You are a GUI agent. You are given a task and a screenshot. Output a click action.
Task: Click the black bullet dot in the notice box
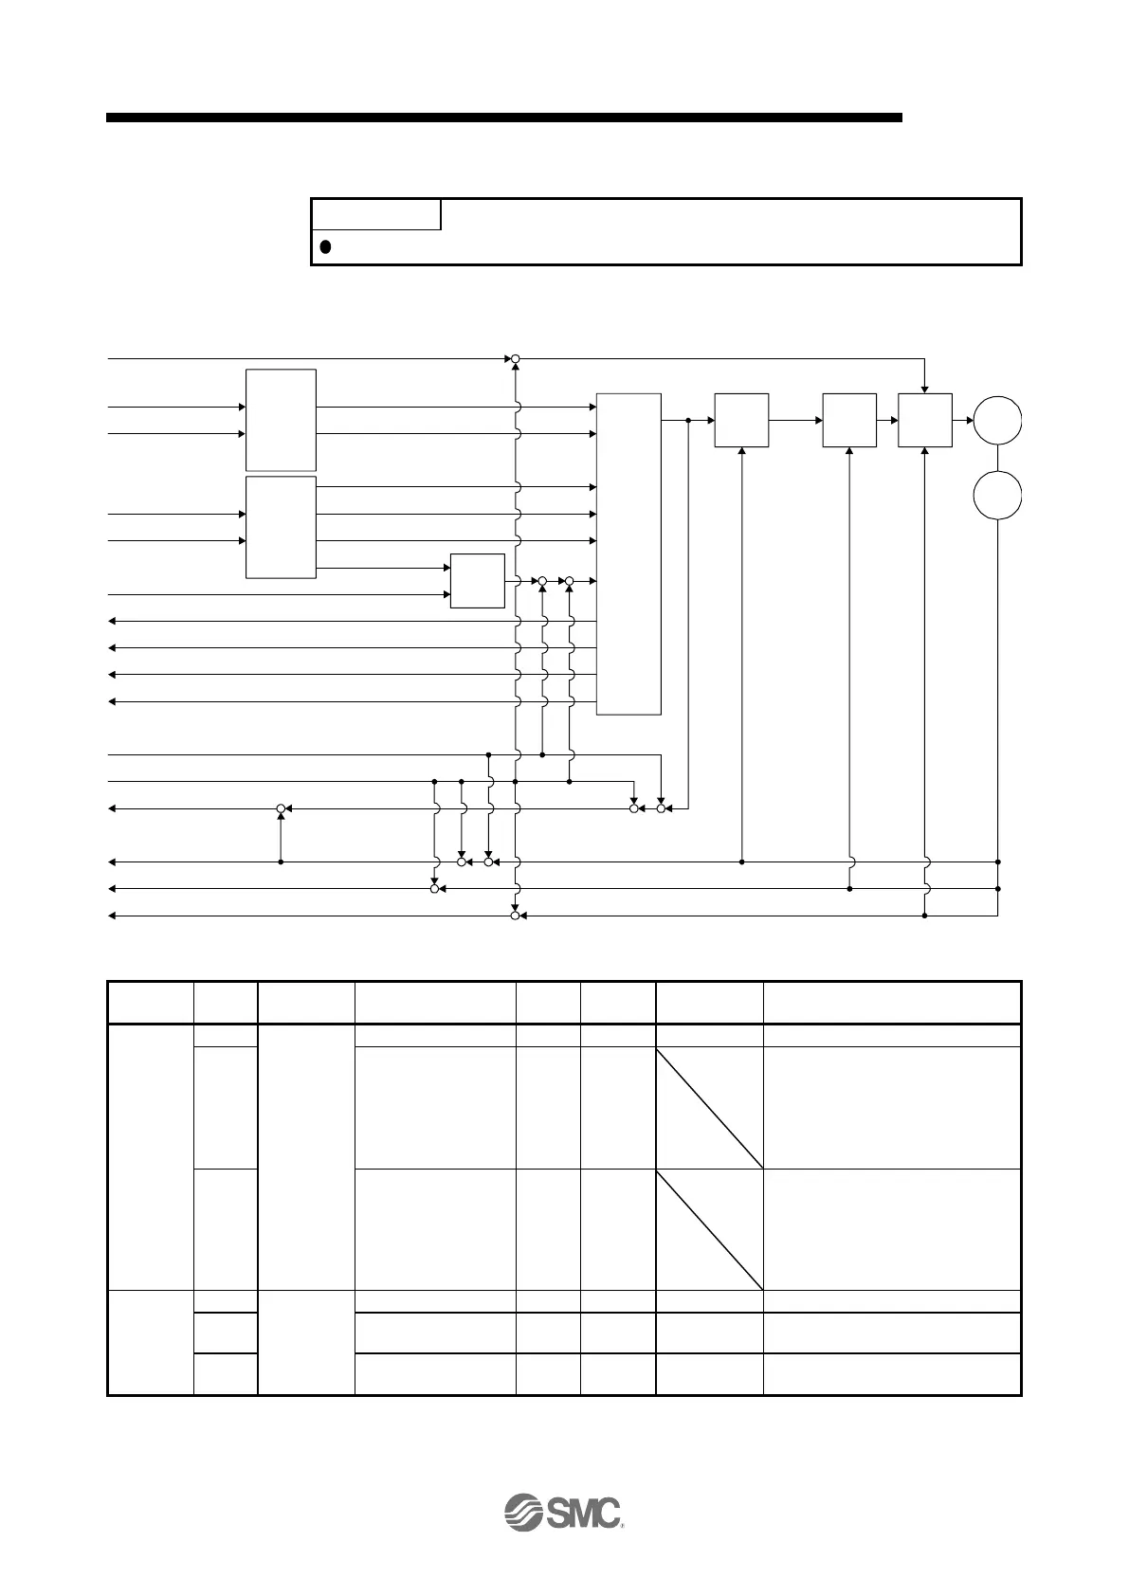click(324, 246)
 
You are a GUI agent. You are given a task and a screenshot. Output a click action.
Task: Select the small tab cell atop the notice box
click(376, 214)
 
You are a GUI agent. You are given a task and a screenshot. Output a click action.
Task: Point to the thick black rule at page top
click(503, 118)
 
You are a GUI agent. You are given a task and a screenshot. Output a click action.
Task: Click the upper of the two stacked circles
click(997, 419)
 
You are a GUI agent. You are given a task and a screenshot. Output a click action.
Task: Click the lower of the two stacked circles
click(997, 496)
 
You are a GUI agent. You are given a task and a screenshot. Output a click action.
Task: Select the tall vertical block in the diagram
click(628, 553)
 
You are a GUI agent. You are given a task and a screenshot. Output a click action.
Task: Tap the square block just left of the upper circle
click(924, 419)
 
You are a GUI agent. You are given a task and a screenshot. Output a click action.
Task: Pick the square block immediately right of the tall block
click(741, 419)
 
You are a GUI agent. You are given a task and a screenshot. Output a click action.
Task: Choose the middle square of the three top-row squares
click(849, 419)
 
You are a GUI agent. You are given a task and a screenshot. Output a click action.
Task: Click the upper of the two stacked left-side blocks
click(281, 420)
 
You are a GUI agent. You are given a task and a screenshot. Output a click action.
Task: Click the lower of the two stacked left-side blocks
click(281, 527)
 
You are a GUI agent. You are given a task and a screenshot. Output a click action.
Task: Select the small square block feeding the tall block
click(478, 580)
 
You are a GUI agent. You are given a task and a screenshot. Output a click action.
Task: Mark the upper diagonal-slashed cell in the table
click(709, 1107)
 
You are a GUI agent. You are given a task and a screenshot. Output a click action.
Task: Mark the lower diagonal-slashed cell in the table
click(709, 1229)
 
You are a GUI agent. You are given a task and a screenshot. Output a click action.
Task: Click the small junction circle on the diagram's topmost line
click(515, 359)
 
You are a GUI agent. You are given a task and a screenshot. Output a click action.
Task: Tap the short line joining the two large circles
click(997, 458)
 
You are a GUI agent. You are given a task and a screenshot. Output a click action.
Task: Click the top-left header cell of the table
click(150, 1002)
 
